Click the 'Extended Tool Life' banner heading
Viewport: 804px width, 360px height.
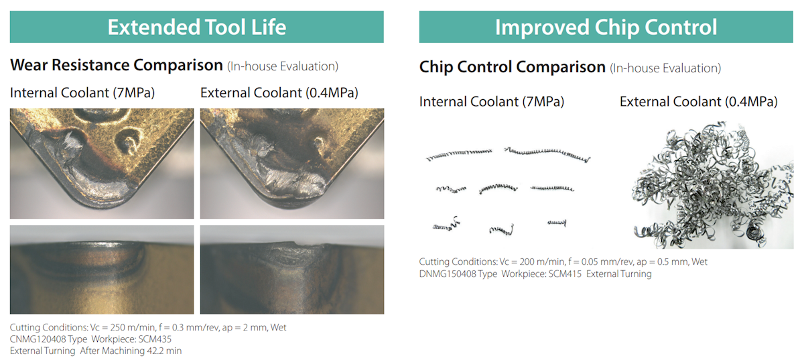(x=197, y=27)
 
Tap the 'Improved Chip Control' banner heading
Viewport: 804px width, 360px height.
(x=606, y=27)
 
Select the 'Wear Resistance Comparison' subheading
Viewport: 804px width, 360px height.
(x=117, y=65)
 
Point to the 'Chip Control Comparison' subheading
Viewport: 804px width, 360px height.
(x=512, y=67)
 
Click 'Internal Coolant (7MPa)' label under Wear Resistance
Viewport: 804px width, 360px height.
(x=82, y=93)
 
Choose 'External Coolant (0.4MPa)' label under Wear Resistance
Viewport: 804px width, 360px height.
(x=279, y=93)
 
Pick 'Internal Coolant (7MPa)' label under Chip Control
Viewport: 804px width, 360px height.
(x=492, y=102)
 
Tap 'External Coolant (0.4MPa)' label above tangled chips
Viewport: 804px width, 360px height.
(x=698, y=102)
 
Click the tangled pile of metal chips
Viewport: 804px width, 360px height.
(x=712, y=186)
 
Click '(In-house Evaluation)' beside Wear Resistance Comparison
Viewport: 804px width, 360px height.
(x=283, y=66)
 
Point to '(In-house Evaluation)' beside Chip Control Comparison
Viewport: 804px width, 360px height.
(x=665, y=68)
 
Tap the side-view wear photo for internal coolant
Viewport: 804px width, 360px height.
(x=102, y=269)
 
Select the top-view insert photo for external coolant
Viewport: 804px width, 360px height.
(x=292, y=164)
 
